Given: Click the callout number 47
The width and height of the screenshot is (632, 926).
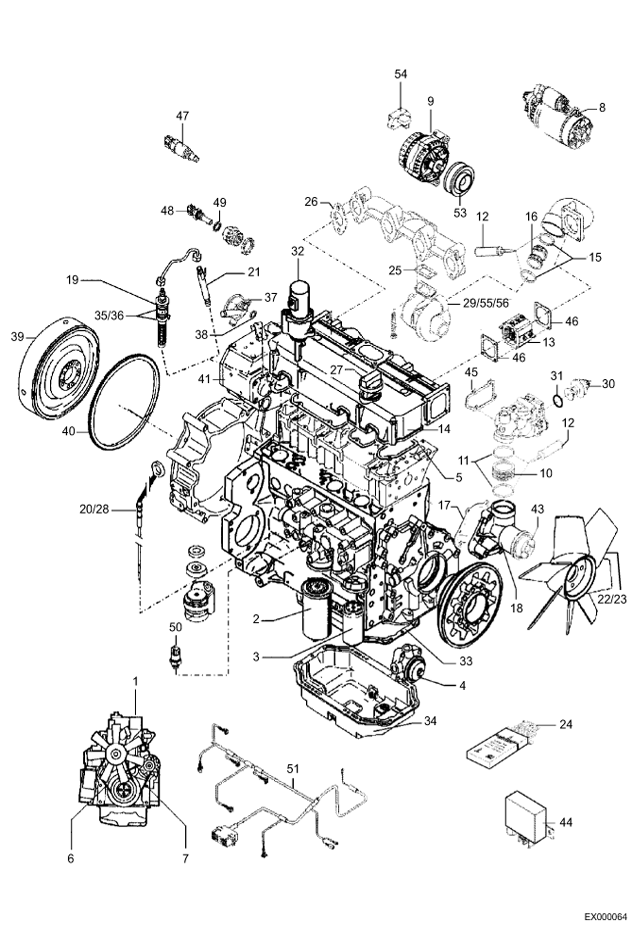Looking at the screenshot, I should click(182, 115).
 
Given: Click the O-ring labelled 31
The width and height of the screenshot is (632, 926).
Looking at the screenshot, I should click(557, 400).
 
